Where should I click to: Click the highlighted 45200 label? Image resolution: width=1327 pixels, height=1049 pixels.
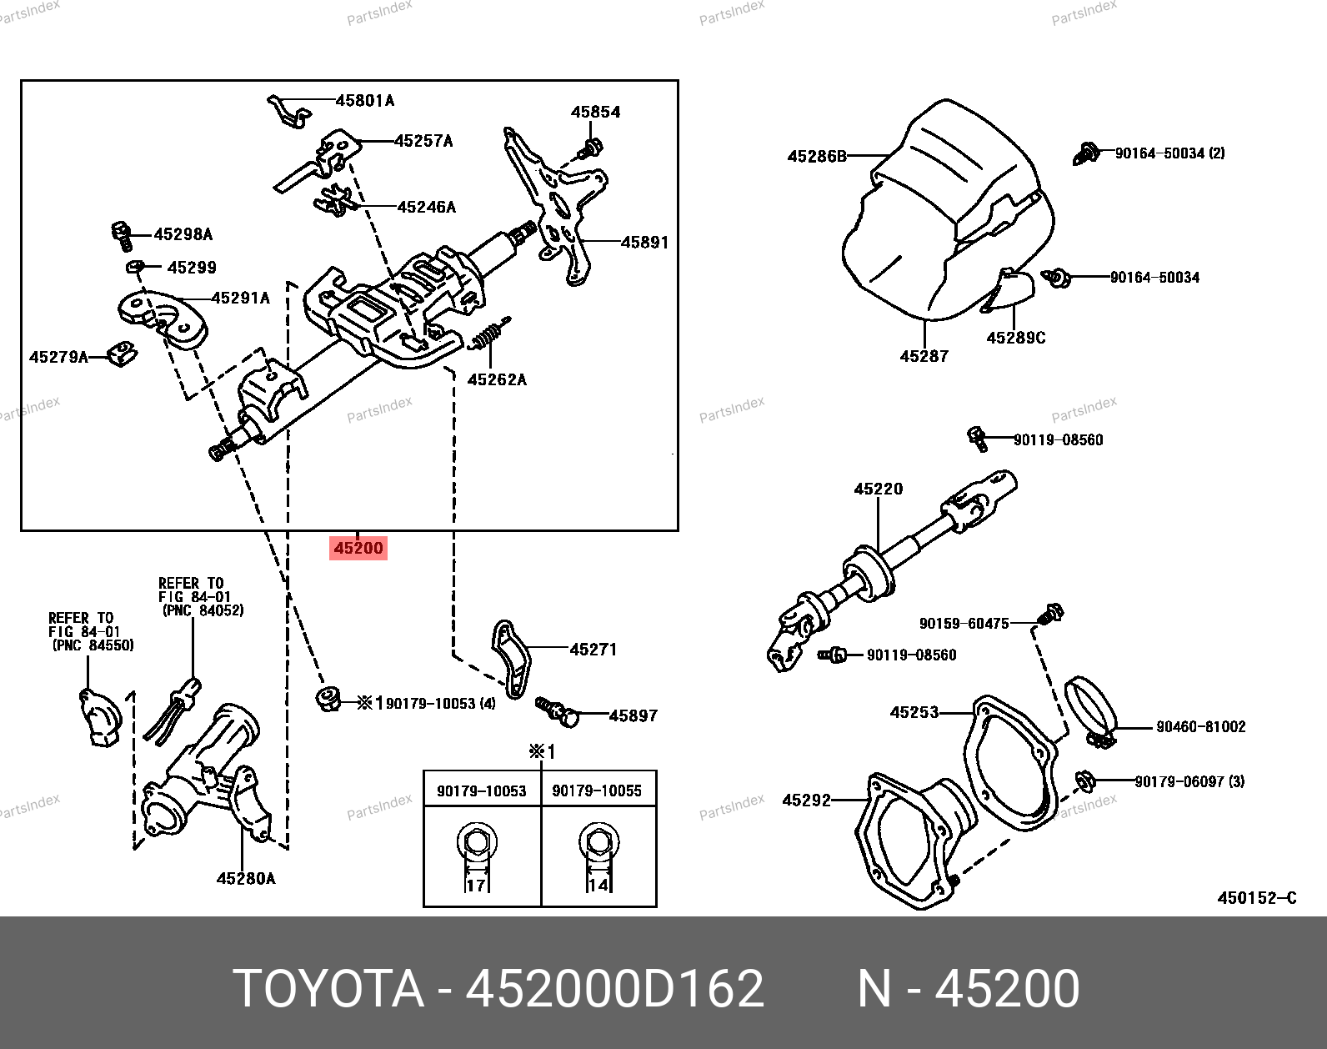pos(358,548)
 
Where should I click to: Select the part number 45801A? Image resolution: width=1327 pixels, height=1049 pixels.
pos(364,101)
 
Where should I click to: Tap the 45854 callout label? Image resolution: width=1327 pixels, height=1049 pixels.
pos(595,112)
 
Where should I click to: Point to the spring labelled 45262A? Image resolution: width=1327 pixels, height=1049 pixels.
pos(490,334)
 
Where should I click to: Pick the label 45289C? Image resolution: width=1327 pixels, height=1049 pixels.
pos(1015,338)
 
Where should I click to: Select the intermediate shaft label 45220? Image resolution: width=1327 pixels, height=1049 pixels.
pos(878,489)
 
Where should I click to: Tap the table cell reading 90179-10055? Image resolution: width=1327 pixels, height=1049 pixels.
pos(597,791)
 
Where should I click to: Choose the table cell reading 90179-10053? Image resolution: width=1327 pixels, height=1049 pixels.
pos(482,791)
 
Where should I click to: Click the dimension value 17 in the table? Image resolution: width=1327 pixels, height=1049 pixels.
pos(476,885)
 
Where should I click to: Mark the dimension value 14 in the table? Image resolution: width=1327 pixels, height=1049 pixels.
pos(598,885)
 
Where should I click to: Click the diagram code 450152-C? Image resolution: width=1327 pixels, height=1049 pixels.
pos(1257,897)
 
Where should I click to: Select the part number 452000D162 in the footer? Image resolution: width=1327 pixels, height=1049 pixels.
pos(614,989)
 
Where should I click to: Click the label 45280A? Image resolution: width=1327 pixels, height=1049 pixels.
pos(245,878)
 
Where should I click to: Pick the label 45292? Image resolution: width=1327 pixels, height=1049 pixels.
pos(806,800)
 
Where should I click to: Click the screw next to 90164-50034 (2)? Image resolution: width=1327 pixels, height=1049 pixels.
pos(1086,153)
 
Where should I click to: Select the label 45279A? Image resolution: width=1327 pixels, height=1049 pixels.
pos(58,357)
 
